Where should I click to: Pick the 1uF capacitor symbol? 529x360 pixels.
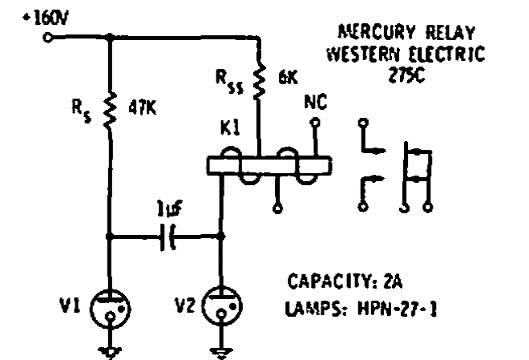point(168,237)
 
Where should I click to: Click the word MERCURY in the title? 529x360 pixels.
point(374,34)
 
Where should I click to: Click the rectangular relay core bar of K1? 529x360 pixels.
point(268,165)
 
